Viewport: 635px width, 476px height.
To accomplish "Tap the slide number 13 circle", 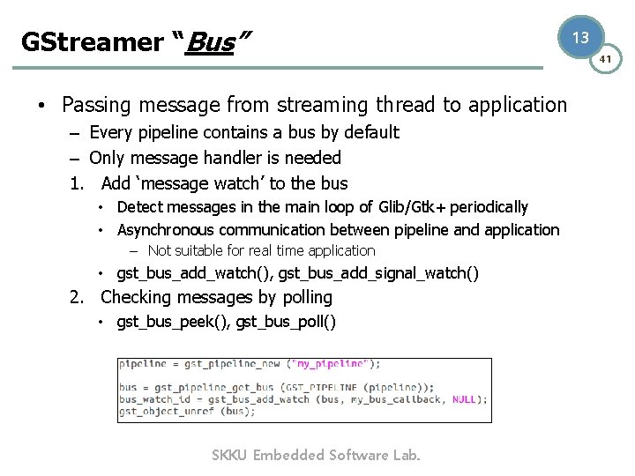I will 579,37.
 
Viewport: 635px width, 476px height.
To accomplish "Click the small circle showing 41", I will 606,59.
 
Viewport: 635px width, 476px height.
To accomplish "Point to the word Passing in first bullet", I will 95,106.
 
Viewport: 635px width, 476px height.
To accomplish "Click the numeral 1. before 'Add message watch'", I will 78,184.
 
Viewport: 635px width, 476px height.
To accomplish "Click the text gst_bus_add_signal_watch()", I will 379,273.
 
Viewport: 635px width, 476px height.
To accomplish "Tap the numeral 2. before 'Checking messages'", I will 78,298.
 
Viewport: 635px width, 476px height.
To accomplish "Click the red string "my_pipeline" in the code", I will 332,363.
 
